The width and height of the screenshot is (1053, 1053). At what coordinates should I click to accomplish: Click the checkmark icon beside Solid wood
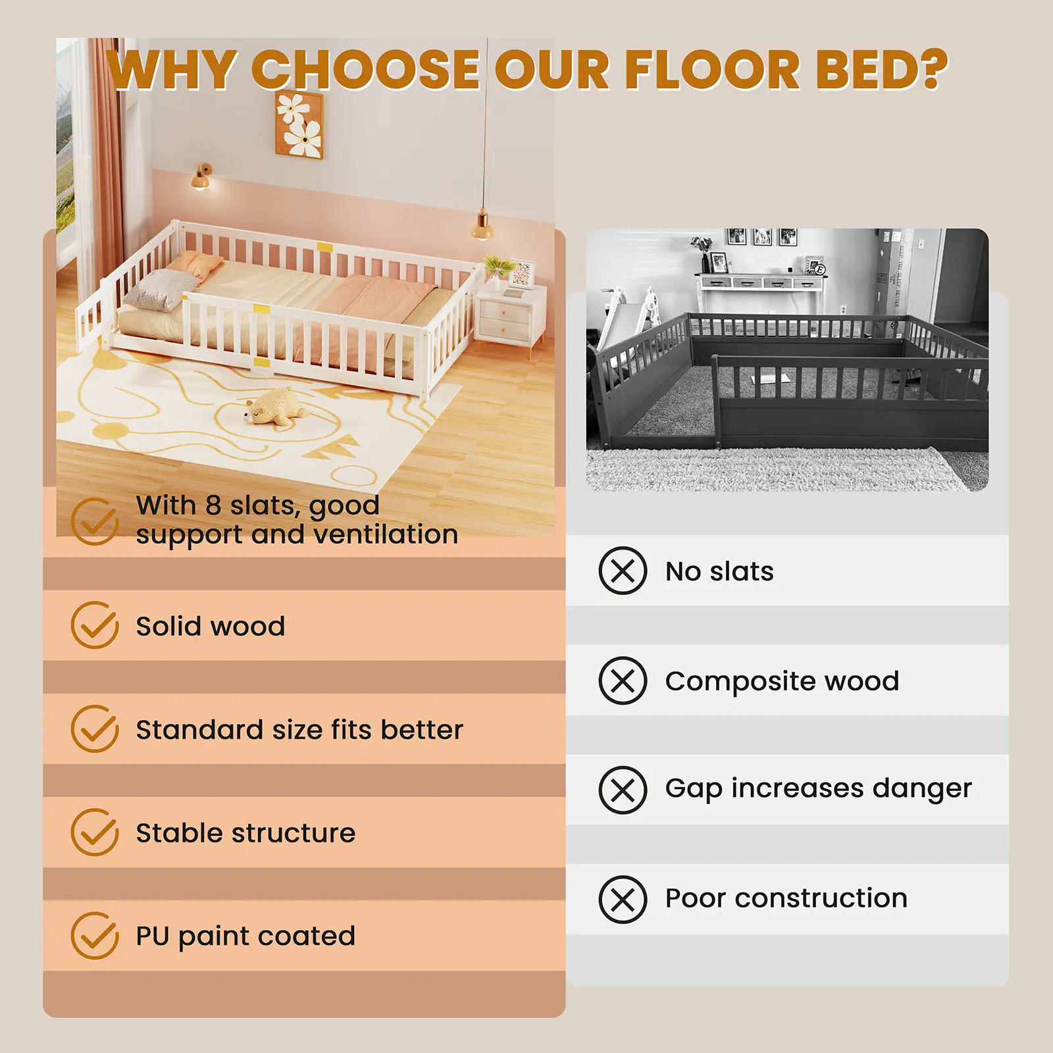pyautogui.click(x=95, y=625)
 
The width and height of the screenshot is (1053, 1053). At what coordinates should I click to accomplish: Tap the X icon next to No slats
pyautogui.click(x=623, y=571)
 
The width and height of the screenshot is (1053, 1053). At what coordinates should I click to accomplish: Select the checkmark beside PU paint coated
pyautogui.click(x=95, y=935)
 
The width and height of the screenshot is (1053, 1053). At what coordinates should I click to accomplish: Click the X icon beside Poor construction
pyautogui.click(x=623, y=899)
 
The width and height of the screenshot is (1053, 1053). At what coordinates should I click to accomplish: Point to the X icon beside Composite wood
pyautogui.click(x=623, y=681)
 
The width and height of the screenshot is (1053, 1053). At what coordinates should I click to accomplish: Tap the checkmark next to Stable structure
pyautogui.click(x=95, y=833)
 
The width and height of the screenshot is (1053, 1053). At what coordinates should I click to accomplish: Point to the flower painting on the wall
pyautogui.click(x=299, y=125)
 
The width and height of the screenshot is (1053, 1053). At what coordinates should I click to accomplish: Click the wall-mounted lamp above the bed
pyautogui.click(x=201, y=178)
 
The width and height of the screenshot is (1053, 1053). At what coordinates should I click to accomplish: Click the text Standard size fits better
pyautogui.click(x=299, y=730)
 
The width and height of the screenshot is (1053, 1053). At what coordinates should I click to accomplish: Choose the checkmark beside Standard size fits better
pyautogui.click(x=95, y=729)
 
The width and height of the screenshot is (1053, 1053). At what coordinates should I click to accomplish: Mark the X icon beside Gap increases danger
pyautogui.click(x=623, y=790)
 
